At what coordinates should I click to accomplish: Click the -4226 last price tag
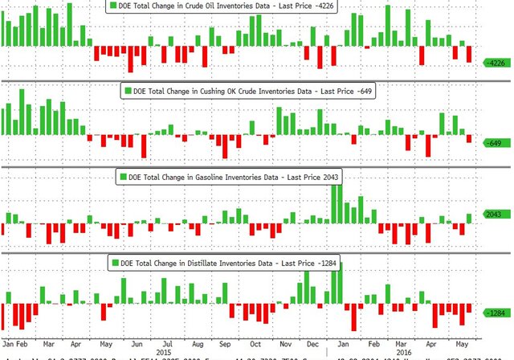(494, 62)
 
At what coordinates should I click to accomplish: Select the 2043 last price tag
(493, 215)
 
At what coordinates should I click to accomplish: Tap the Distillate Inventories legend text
(234, 263)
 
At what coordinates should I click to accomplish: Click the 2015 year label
(163, 351)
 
